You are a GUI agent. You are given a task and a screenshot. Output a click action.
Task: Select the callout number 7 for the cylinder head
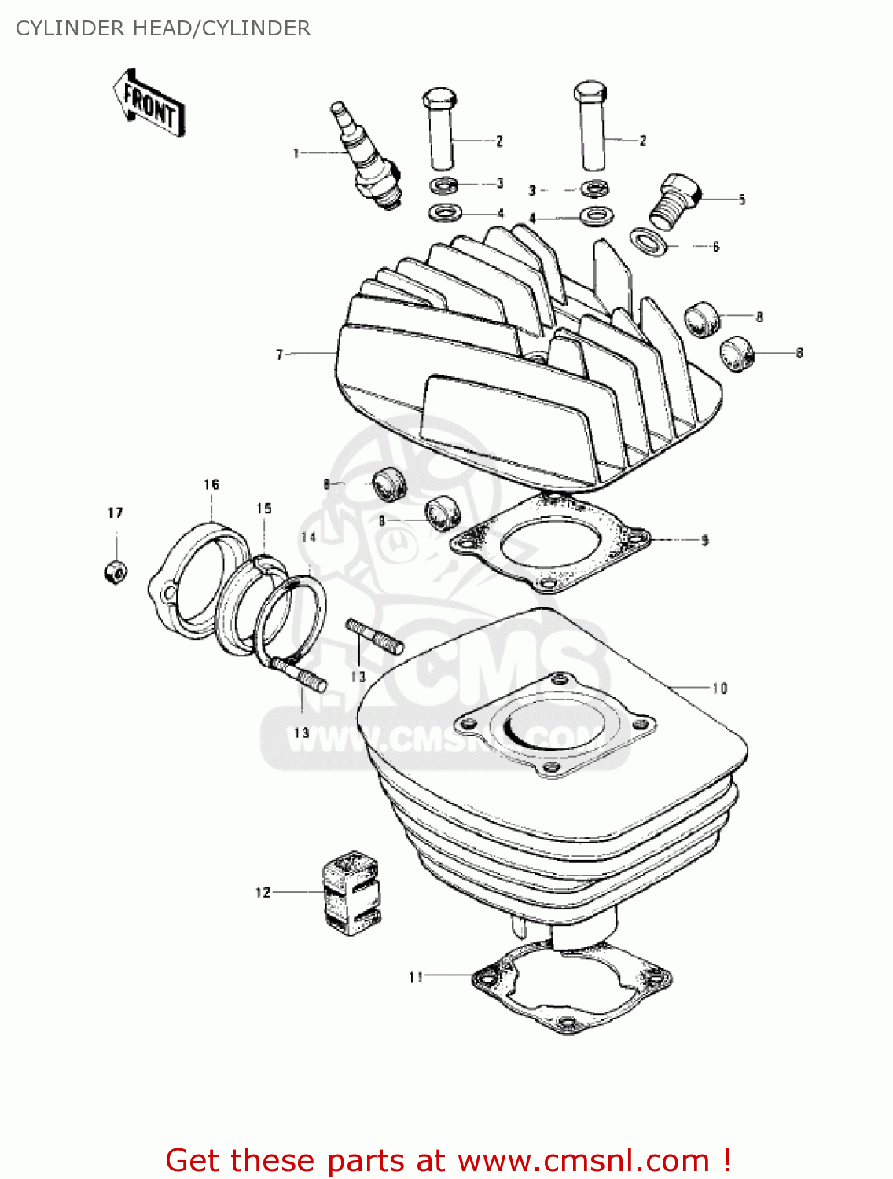(279, 354)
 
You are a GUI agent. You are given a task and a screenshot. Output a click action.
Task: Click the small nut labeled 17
(115, 571)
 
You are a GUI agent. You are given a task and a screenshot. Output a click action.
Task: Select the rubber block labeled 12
(351, 893)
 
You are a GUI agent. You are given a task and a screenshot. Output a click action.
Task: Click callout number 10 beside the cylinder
(720, 689)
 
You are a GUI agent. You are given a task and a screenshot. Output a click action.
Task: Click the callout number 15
(264, 509)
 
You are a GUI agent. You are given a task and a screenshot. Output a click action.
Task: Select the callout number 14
(308, 537)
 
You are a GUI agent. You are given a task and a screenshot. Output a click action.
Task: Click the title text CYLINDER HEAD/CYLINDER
(163, 28)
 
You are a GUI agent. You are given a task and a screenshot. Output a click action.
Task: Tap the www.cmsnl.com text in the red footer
(583, 1160)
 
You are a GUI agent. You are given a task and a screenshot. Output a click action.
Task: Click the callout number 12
(263, 892)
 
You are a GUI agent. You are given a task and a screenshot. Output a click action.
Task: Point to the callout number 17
(116, 512)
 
